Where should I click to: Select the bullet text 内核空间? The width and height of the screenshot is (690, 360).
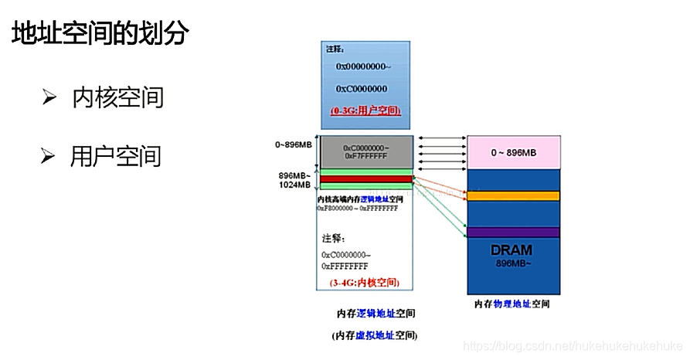tap(117, 97)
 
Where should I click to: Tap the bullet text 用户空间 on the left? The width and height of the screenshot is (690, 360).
tap(116, 156)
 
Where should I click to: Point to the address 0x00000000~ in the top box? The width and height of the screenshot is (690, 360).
tap(362, 67)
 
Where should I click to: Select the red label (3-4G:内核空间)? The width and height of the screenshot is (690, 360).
tap(365, 283)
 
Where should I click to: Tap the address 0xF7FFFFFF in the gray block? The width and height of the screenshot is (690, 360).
tap(367, 156)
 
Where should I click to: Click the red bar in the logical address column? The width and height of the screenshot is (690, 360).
tap(365, 178)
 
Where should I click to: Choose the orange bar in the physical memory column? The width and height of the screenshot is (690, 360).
tap(512, 196)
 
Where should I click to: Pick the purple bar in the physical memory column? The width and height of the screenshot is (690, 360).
tap(512, 232)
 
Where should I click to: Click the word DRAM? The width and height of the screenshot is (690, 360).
tap(511, 250)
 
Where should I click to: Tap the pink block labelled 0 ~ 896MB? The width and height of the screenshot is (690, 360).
tap(512, 152)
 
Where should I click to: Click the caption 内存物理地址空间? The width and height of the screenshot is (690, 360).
tap(512, 304)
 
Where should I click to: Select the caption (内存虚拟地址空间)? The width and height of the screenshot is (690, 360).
tap(375, 335)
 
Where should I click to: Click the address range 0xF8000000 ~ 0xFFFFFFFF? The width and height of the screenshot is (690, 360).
tap(358, 209)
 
